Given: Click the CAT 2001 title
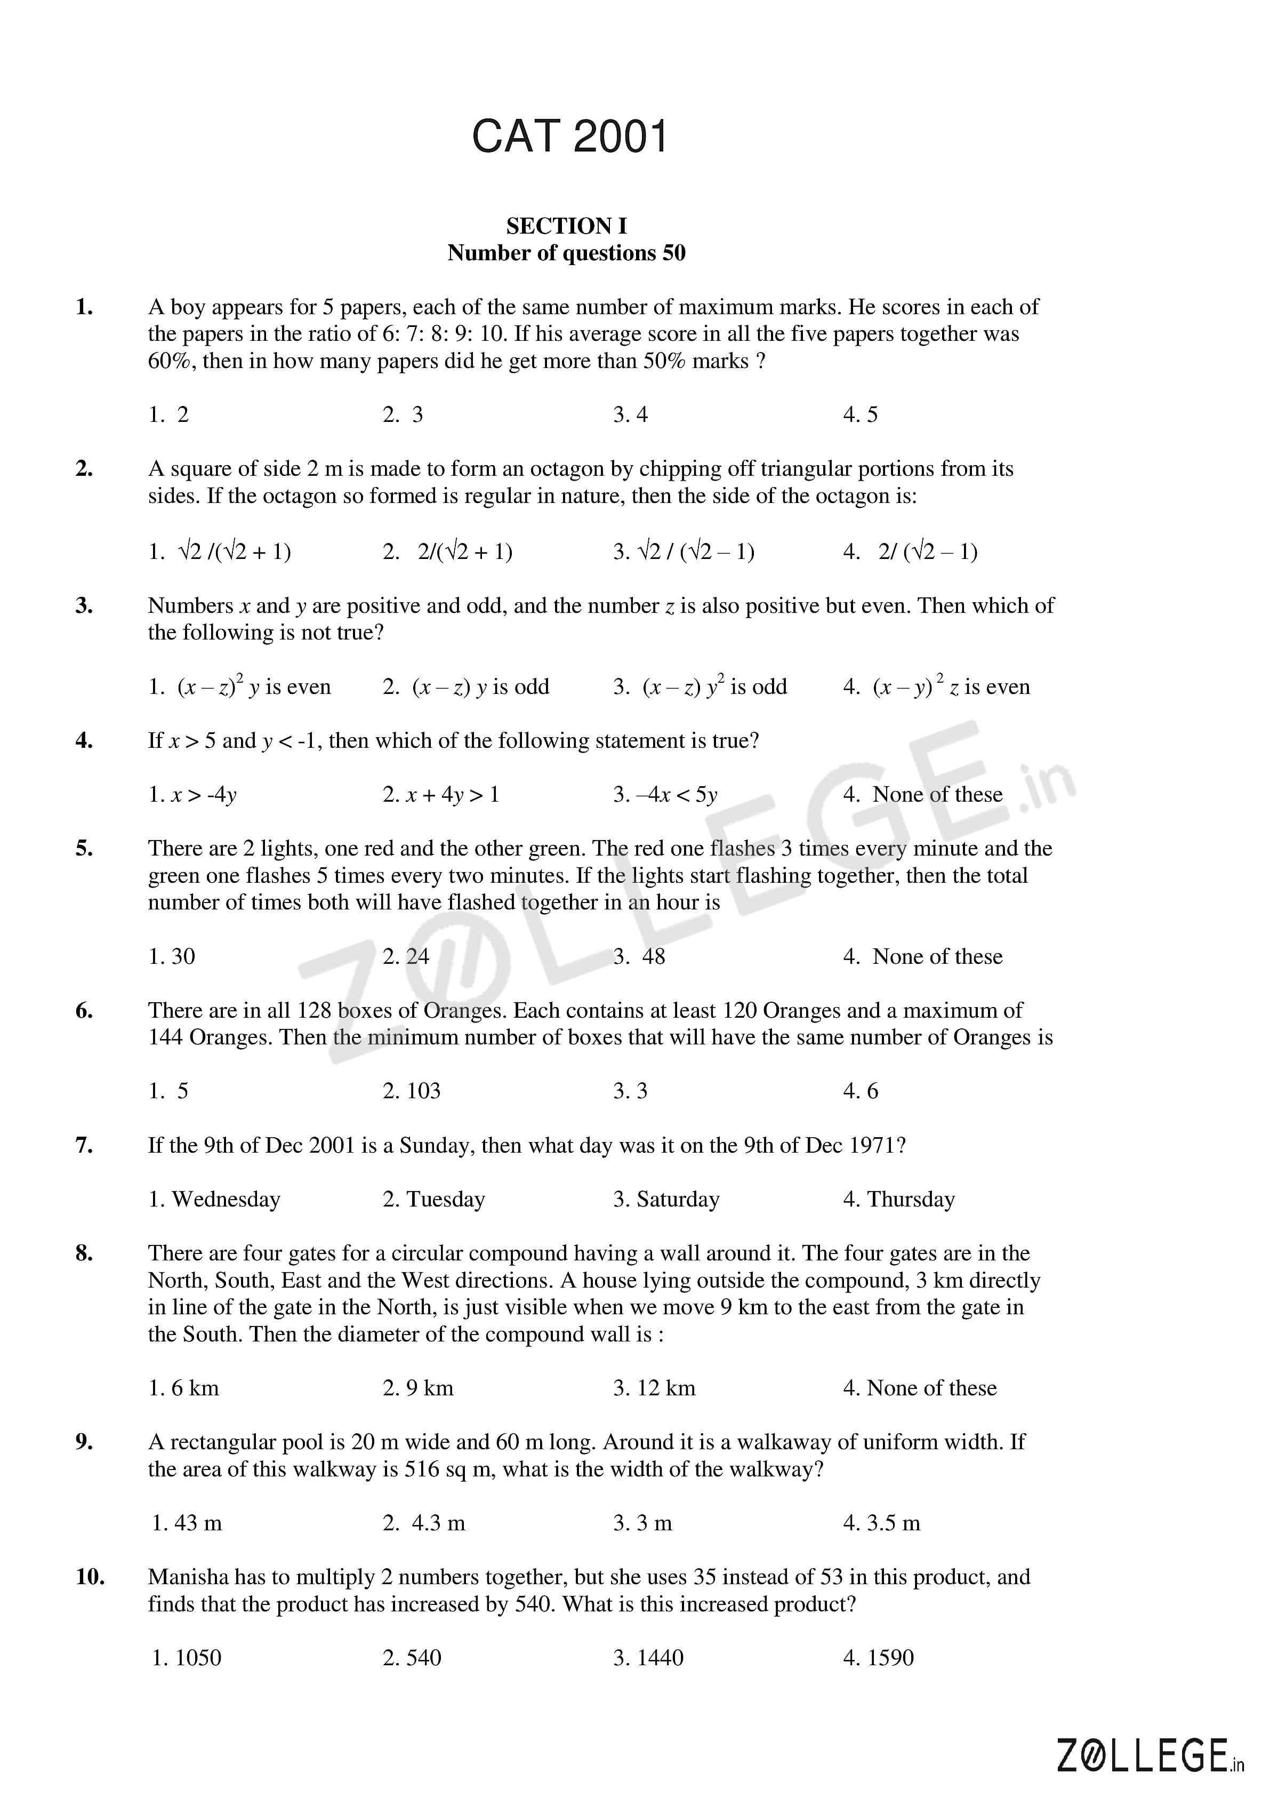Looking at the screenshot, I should [x=569, y=137].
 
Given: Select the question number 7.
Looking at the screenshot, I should [x=85, y=1145].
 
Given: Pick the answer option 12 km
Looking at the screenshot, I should [x=654, y=1388].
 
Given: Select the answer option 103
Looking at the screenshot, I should [x=412, y=1090].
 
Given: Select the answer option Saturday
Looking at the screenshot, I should [x=666, y=1199].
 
